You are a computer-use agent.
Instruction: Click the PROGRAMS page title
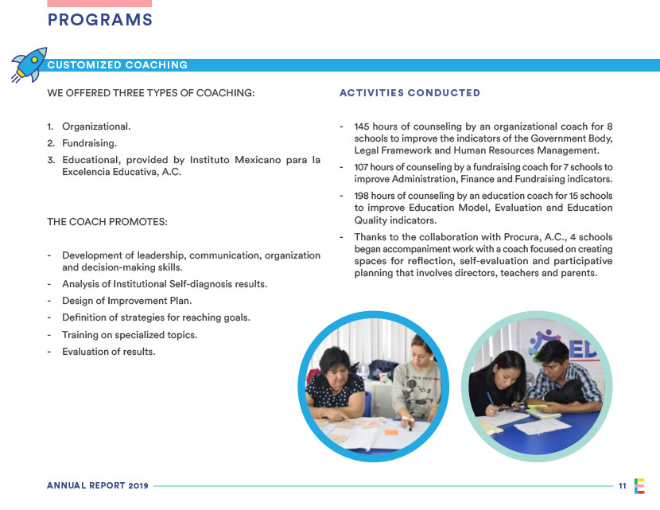(x=99, y=21)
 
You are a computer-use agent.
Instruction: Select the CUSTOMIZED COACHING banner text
(x=118, y=65)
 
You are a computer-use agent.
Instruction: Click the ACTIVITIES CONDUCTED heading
(x=410, y=93)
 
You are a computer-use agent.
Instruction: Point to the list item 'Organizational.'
(x=96, y=127)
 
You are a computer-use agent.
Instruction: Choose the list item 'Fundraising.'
(x=89, y=143)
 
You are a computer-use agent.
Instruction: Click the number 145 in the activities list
(x=363, y=127)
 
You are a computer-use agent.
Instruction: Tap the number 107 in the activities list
(x=362, y=167)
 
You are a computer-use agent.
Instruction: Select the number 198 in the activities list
(x=363, y=196)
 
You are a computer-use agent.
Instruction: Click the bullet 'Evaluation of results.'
(x=108, y=351)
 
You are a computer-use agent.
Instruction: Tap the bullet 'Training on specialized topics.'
(x=129, y=334)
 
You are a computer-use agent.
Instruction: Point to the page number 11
(x=622, y=485)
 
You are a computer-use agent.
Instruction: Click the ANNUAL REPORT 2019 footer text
(x=98, y=485)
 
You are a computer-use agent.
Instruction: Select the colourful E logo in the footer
(x=640, y=485)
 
